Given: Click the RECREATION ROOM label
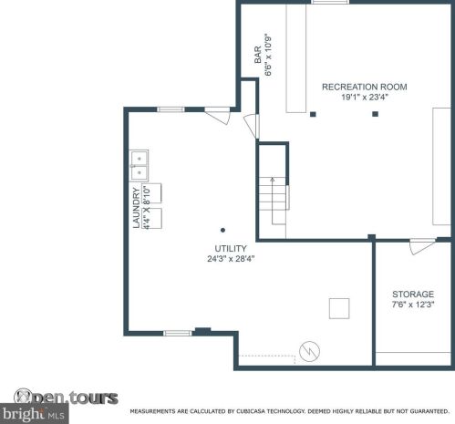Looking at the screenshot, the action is [365, 87].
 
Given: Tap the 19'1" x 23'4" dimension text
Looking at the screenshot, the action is [365, 98].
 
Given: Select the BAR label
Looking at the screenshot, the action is [258, 55].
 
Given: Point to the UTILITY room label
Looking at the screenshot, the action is [231, 249].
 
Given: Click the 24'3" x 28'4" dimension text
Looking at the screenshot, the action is [231, 259].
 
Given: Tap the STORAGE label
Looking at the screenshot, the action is [413, 295].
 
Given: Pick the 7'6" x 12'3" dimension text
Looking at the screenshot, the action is [413, 305].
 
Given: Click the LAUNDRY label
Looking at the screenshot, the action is [137, 208].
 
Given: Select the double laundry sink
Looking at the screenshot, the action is [140, 166].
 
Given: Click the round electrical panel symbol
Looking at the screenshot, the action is [309, 351].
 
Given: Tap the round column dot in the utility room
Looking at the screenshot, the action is [222, 230].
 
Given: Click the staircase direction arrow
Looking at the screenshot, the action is [273, 201].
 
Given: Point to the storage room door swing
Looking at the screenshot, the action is [422, 247].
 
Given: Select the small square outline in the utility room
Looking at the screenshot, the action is [339, 309].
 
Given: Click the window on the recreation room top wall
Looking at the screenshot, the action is [330, 2].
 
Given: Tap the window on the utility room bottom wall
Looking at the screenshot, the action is [178, 333].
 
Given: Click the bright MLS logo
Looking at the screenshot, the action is [34, 414].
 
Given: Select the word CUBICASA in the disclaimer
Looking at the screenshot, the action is [250, 411].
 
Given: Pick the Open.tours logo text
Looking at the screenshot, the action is [66, 398].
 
